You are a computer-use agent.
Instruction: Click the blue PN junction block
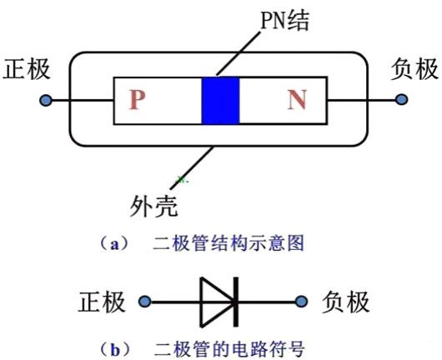221,102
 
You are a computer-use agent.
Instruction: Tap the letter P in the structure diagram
138,102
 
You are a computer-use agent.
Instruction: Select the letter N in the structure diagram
296,102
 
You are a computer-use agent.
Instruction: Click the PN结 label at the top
283,20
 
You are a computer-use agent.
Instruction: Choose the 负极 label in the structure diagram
414,69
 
